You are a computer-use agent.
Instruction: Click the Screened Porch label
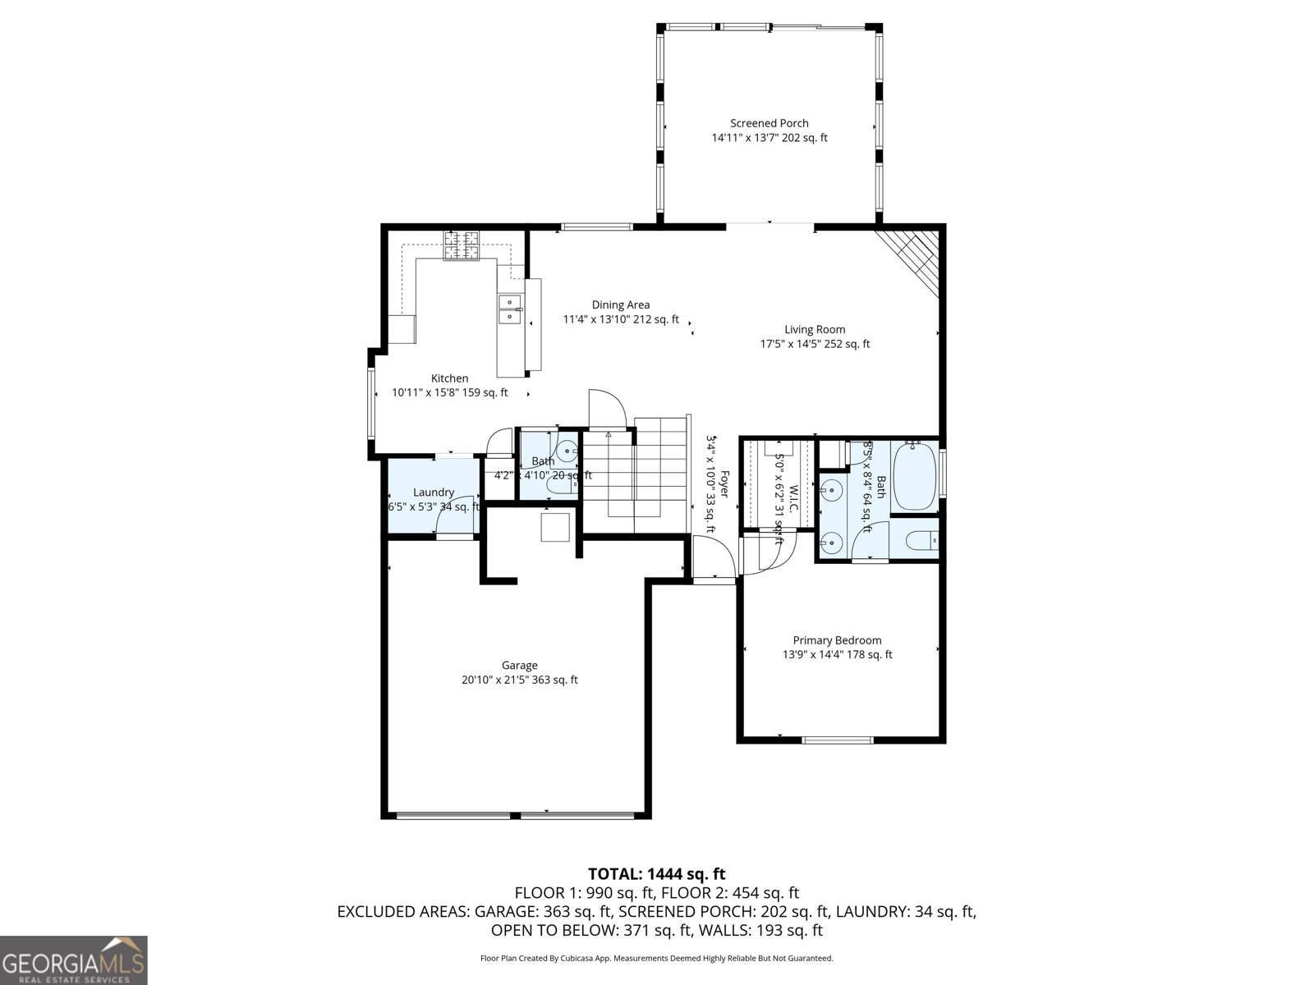(769, 123)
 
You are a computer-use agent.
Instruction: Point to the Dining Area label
(620, 305)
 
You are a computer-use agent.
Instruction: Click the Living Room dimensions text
(814, 344)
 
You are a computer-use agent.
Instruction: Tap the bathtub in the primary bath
(914, 476)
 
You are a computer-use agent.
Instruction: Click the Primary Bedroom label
(837, 640)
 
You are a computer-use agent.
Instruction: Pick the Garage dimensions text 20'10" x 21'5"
(519, 680)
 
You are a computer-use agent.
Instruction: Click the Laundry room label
(433, 492)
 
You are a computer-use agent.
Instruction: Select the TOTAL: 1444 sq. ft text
(656, 874)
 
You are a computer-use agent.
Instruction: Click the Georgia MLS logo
(73, 960)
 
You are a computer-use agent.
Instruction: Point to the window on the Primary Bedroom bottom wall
(837, 740)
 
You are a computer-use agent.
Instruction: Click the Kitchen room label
(449, 378)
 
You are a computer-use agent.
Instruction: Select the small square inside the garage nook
(555, 526)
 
